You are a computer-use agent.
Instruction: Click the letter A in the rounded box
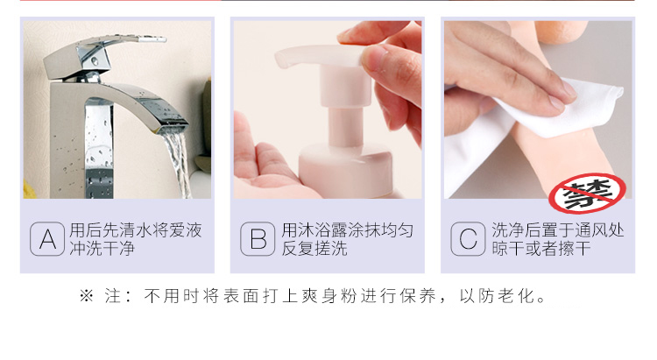pyautogui.click(x=47, y=239)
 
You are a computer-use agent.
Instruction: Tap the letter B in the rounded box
pyautogui.click(x=258, y=239)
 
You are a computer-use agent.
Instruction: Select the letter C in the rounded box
pyautogui.click(x=468, y=239)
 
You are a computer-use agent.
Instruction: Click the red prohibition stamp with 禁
pyautogui.click(x=587, y=194)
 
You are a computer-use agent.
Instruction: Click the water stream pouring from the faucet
pyautogui.click(x=178, y=164)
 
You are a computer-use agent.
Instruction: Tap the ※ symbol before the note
pyautogui.click(x=87, y=296)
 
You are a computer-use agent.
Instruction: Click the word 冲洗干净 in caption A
pyautogui.click(x=102, y=249)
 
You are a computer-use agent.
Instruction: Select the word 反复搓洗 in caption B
pyautogui.click(x=314, y=249)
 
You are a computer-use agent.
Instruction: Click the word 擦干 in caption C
pyautogui.click(x=575, y=249)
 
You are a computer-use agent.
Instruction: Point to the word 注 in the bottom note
pyautogui.click(x=113, y=296)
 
